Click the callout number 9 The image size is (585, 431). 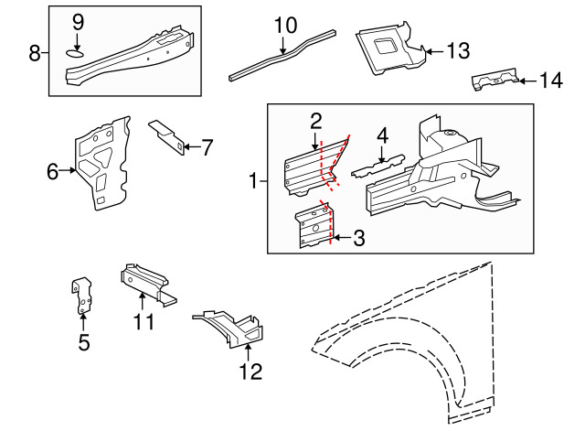coord(78,23)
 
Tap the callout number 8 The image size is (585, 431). coord(35,53)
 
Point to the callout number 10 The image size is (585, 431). coord(285,26)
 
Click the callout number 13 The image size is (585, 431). coord(458,51)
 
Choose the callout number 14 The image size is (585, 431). coord(551,81)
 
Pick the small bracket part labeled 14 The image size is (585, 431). coord(495,80)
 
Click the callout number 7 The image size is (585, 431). coord(207,147)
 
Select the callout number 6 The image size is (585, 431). coord(53,171)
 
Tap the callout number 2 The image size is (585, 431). coord(315,122)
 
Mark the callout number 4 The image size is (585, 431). coord(382,135)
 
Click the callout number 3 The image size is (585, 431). coord(358,238)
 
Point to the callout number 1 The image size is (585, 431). coord(254,181)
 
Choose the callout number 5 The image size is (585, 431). coord(84,342)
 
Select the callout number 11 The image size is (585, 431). coord(144,321)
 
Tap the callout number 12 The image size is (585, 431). coord(250,372)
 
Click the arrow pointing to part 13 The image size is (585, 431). coord(434,51)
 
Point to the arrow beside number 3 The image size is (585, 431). coord(341,238)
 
